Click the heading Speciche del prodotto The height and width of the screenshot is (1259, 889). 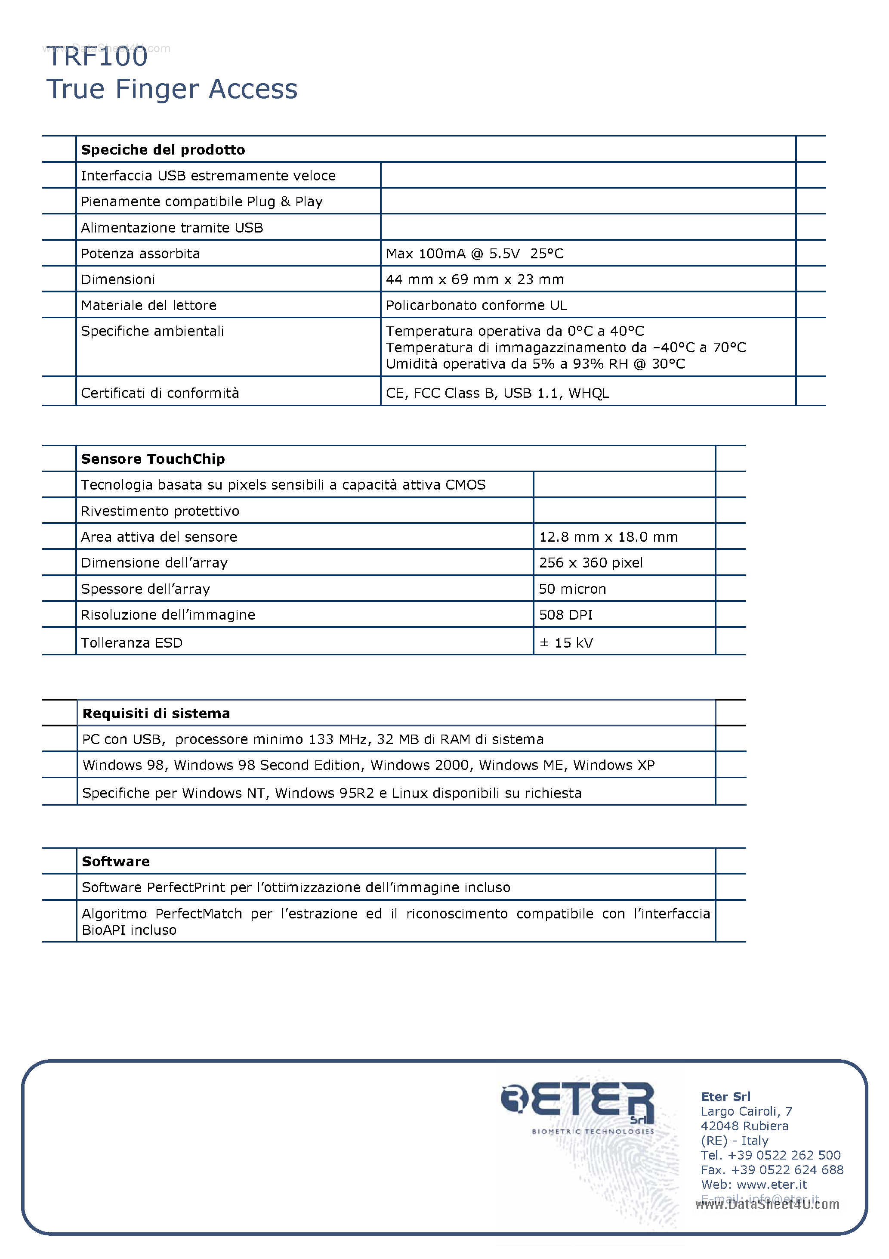(x=163, y=150)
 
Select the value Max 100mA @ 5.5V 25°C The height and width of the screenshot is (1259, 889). (x=474, y=253)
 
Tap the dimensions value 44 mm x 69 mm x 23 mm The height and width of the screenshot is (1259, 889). (x=474, y=279)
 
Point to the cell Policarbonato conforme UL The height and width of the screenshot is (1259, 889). (x=476, y=305)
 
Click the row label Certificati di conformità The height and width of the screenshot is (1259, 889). (x=160, y=393)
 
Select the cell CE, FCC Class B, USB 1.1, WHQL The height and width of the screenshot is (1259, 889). (x=497, y=393)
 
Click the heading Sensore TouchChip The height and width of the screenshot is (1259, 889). (x=153, y=459)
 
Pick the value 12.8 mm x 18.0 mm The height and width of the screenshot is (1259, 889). (x=608, y=536)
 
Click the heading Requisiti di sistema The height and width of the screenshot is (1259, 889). (x=156, y=713)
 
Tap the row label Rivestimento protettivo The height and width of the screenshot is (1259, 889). (x=160, y=511)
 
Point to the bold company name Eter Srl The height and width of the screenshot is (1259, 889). (x=725, y=1096)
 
